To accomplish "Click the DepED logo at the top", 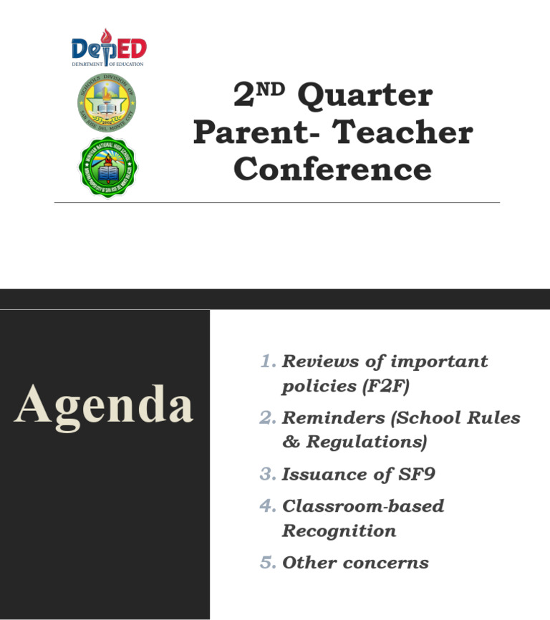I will click(108, 49).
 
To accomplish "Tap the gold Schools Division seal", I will click(107, 102).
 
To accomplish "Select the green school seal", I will click(107, 166).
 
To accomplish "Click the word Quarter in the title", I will click(365, 96).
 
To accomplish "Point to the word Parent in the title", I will click(248, 132).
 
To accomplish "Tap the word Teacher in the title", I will click(403, 132).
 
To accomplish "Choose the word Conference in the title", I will click(332, 169).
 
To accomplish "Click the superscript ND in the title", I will click(271, 88).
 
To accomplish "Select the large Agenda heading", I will click(104, 405).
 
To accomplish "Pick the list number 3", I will click(267, 475).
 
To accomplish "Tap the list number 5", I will click(267, 563).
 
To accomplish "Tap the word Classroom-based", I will click(363, 507).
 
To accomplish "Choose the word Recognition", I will click(339, 531).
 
